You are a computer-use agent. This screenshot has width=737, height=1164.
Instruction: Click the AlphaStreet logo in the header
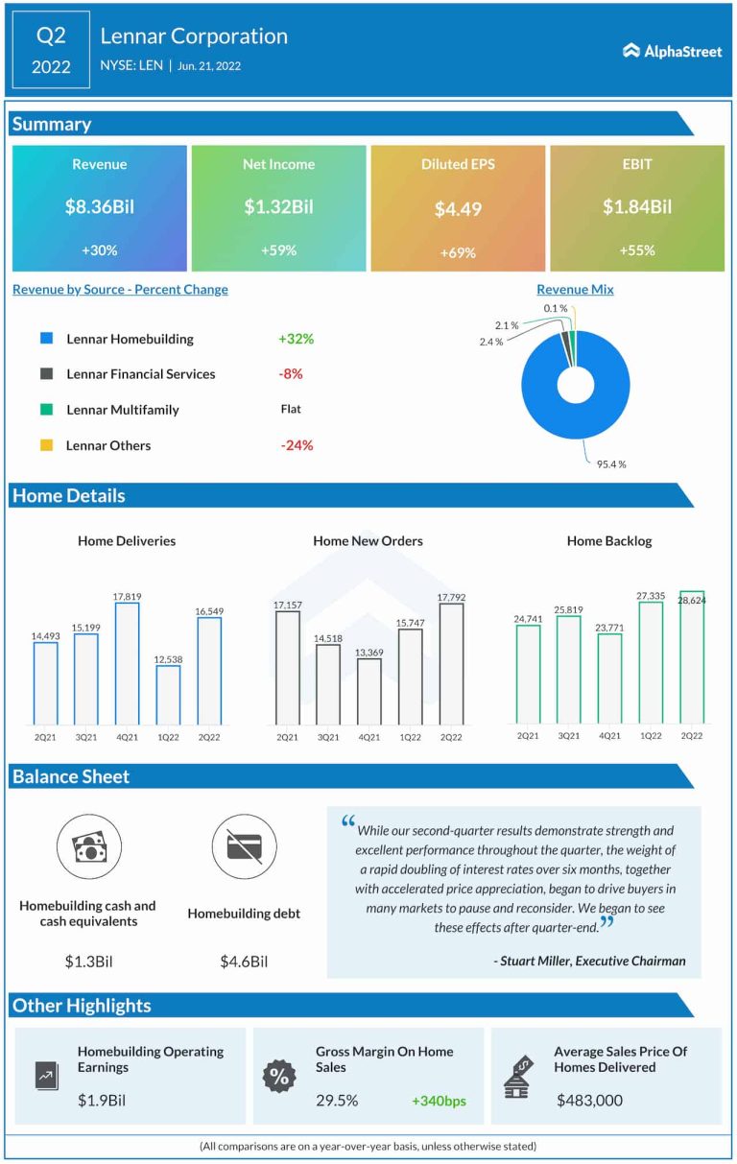coord(672,51)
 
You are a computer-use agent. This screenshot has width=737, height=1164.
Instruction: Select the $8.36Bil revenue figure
coord(100,206)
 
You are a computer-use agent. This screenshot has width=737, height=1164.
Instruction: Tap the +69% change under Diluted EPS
coord(458,252)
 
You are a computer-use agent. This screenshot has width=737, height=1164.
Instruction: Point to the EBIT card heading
coord(636,164)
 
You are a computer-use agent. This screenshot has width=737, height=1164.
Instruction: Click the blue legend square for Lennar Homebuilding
coord(46,339)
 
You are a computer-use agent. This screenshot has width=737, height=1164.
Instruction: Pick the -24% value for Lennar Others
coord(297,445)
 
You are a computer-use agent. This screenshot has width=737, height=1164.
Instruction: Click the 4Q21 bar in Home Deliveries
coord(127,663)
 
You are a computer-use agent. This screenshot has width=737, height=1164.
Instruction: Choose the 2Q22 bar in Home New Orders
coord(451,663)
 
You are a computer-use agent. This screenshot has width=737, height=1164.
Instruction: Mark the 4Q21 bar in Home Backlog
coord(609,678)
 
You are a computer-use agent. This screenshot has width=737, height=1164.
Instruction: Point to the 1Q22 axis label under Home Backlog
coord(651,736)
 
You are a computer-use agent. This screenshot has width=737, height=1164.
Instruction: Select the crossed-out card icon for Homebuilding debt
coord(244,846)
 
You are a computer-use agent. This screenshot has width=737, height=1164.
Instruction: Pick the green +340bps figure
coord(439,1101)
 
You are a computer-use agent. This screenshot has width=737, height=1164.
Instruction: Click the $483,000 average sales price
coord(589,1101)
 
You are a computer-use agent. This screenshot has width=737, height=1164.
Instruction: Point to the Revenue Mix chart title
coord(575,289)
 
